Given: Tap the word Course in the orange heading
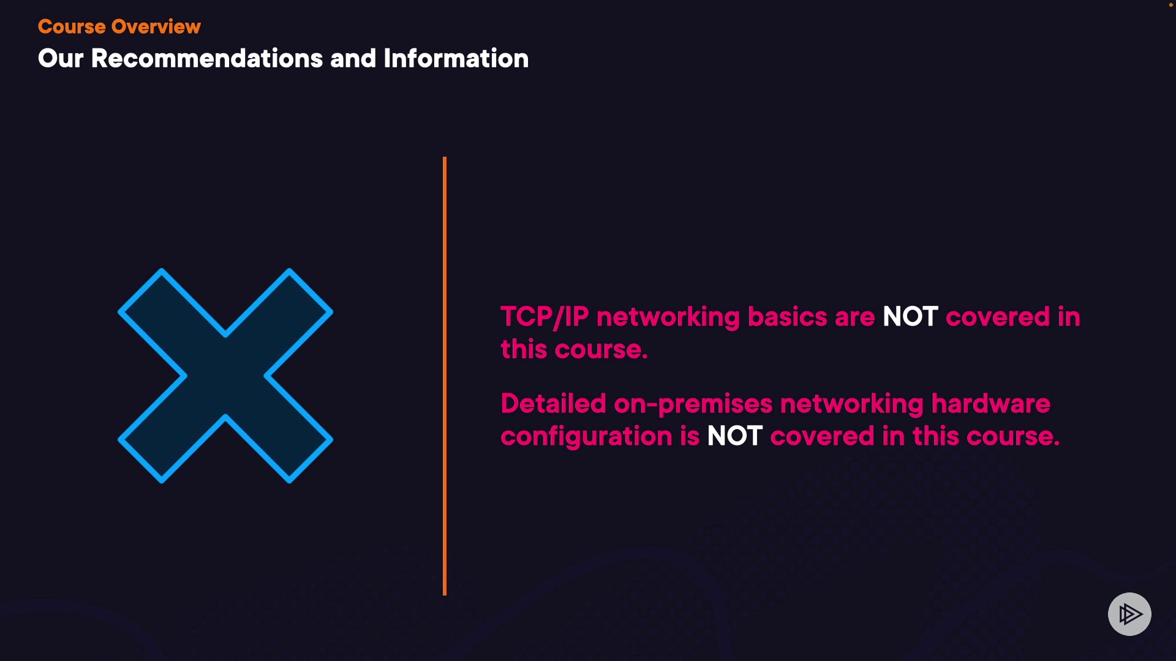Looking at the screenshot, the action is coord(72,27).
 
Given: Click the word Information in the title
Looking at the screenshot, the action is coord(456,59).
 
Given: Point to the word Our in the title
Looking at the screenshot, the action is coord(60,59).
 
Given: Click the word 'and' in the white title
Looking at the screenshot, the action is coord(353,59).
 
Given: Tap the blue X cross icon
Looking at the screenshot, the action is coord(225,376).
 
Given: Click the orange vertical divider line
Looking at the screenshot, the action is coord(445,376).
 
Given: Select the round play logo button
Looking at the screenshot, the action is coord(1129,614).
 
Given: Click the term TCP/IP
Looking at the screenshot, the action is coord(545,317).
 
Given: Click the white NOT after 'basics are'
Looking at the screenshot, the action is coord(910,317).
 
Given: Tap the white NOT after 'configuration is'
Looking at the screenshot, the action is coord(734,436).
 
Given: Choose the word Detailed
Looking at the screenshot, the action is coord(553,404).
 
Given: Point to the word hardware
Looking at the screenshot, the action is coord(990,404).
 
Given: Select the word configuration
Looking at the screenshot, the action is coord(586,436).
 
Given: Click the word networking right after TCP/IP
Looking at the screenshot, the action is coord(668,317).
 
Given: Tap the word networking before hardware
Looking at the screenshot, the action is coord(851,404).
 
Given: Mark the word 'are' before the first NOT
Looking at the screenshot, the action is coord(854,317).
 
